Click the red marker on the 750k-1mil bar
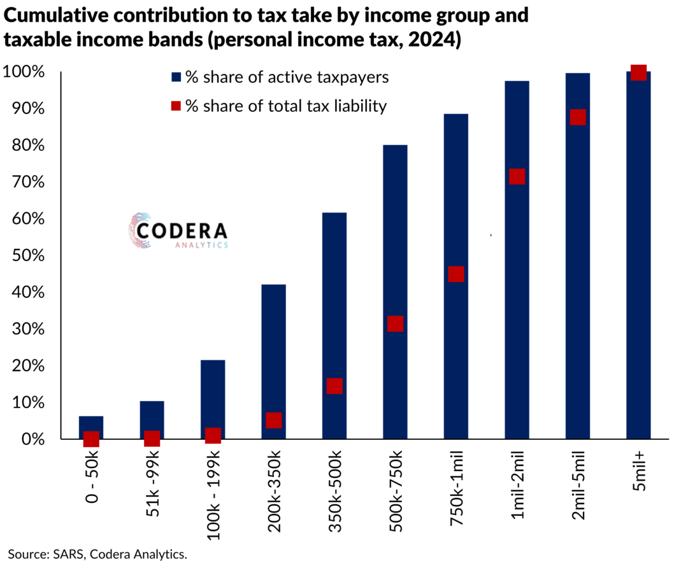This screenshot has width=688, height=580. (455, 274)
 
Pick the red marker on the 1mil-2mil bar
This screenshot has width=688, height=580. (517, 176)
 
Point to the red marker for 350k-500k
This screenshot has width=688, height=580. (334, 386)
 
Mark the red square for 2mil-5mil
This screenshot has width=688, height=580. (578, 117)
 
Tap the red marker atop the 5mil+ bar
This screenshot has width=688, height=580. (638, 73)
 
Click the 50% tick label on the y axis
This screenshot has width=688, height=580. (26, 256)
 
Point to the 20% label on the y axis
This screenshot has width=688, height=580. (26, 366)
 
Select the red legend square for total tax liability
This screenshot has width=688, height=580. (176, 106)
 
